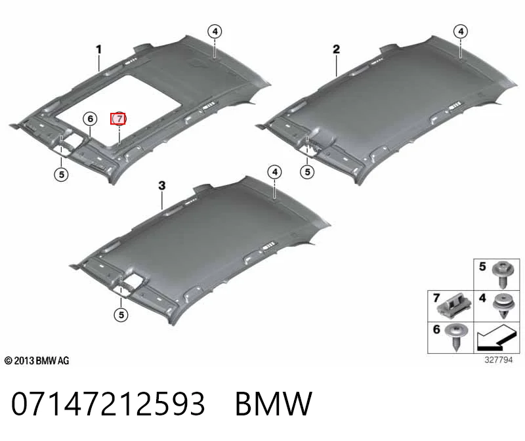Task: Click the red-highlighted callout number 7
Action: coord(118,119)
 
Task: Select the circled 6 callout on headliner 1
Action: coord(90,119)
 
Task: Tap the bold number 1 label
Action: coord(98,50)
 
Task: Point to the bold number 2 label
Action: coord(336,50)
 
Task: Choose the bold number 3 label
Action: coord(162,185)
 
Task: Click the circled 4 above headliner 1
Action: coord(215,31)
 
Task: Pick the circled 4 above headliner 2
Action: coord(461,31)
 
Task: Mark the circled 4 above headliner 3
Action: coord(275,172)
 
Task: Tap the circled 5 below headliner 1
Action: coord(61,174)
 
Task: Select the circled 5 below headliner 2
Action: coord(307,172)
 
